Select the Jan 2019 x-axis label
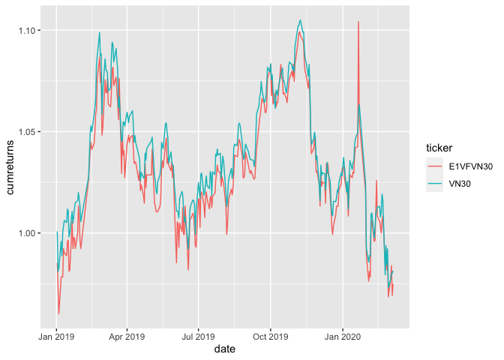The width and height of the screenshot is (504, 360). [56, 337]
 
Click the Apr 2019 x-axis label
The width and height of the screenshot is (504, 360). [127, 337]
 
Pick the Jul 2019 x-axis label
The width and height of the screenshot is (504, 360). [198, 337]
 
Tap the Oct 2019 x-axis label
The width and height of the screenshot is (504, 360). [270, 337]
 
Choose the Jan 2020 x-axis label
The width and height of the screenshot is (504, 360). [343, 337]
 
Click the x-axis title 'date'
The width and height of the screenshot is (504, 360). [224, 349]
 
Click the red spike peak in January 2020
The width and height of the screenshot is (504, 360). [358, 22]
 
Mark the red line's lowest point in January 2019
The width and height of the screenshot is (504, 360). [58, 313]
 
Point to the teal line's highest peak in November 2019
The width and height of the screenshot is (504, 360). [301, 20]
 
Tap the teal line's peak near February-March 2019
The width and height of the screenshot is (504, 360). [100, 32]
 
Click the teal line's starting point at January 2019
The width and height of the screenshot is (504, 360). [56, 232]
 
